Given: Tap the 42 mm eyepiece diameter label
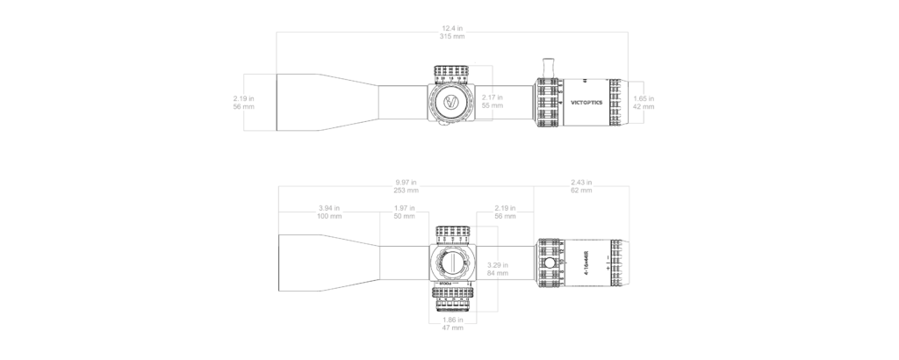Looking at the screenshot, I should (x=644, y=102).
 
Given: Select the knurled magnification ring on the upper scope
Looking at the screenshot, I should (x=548, y=102).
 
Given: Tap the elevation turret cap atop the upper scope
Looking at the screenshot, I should (x=452, y=72).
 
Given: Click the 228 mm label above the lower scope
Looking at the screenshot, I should (x=405, y=186).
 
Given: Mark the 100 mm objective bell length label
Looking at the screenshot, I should (x=329, y=212).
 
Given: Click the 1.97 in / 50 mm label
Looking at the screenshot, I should (x=405, y=212).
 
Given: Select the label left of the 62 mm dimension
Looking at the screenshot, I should (x=503, y=212).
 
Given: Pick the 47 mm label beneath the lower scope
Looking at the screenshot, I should (x=452, y=321).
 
